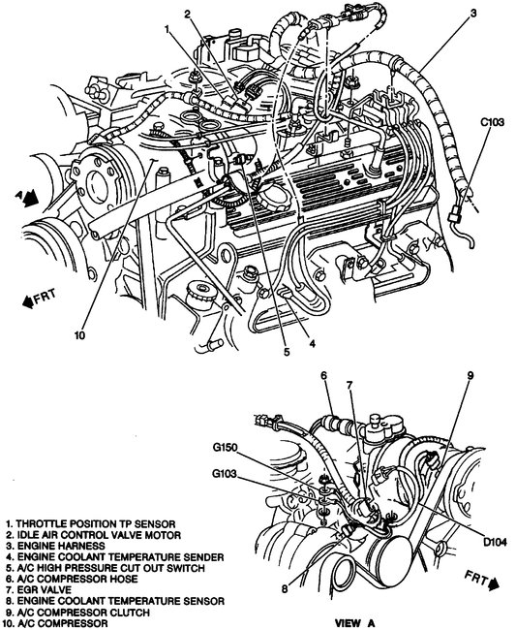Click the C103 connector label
pos(492,122)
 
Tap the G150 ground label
pos(226,448)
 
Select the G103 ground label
pos(225,474)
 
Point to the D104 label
pos(495,543)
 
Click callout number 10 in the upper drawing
pos(79,335)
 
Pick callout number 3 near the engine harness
pos(473,14)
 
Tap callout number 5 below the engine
pos(287,352)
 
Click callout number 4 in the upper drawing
pos(312,343)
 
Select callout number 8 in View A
pos(284,589)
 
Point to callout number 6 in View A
pos(323,375)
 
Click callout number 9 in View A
pos(470,375)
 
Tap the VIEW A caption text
pos(354,623)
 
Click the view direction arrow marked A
pos(28,198)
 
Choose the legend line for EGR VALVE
pos(39,590)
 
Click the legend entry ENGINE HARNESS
pos(55,546)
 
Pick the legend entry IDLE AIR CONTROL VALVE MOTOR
pos(94,535)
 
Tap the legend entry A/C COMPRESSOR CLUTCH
pos(77,612)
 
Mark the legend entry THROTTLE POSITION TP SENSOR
pos(91,524)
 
